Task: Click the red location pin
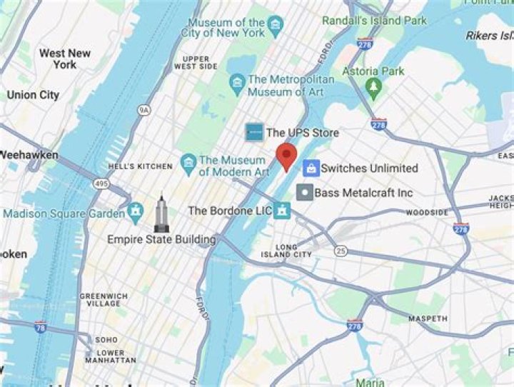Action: (286, 155)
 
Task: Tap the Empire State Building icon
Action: (161, 213)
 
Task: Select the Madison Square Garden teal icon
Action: (136, 211)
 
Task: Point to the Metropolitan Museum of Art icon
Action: (237, 84)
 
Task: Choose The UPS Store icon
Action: (254, 132)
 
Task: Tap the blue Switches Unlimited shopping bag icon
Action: (311, 168)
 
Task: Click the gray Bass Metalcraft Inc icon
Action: (305, 192)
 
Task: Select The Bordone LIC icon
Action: (283, 211)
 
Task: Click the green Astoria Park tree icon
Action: (372, 86)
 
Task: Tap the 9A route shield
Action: (144, 110)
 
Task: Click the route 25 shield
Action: (341, 251)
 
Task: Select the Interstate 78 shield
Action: (41, 326)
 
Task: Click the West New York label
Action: (65, 59)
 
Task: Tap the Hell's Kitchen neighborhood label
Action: (141, 166)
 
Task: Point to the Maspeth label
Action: (428, 318)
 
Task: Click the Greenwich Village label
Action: (104, 299)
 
